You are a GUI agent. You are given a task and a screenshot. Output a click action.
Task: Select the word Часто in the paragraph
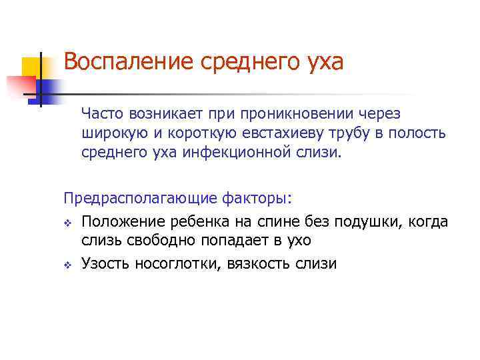[99, 115]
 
